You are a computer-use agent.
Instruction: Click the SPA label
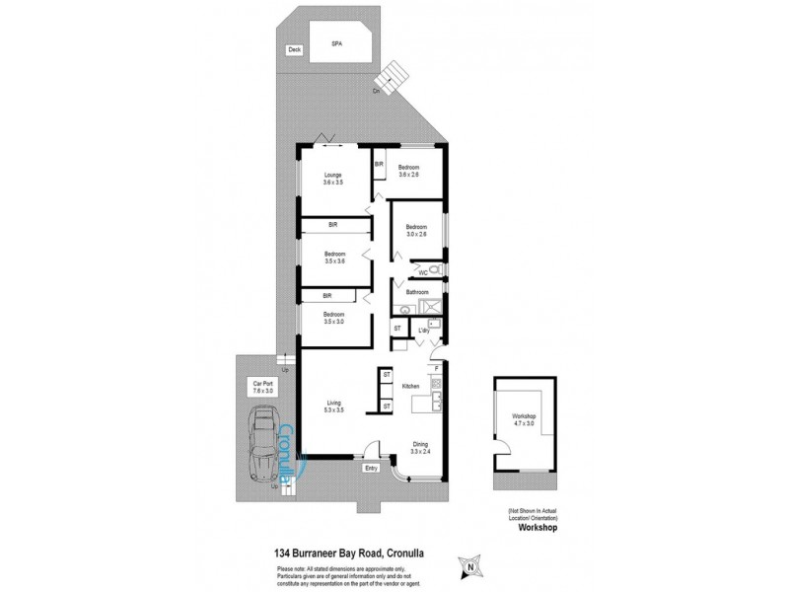click(x=335, y=44)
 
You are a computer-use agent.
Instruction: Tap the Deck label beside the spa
click(x=293, y=50)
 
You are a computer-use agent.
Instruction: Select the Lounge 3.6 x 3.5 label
click(x=332, y=179)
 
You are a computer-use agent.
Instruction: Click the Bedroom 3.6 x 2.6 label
click(x=409, y=171)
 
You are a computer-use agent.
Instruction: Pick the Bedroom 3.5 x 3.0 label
click(x=332, y=318)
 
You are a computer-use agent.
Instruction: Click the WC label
click(x=421, y=271)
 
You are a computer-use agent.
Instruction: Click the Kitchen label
click(x=411, y=385)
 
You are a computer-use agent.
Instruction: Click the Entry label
click(x=372, y=469)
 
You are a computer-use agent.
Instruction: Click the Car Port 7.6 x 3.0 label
click(x=262, y=387)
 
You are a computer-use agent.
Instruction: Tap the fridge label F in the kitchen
click(x=435, y=368)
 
